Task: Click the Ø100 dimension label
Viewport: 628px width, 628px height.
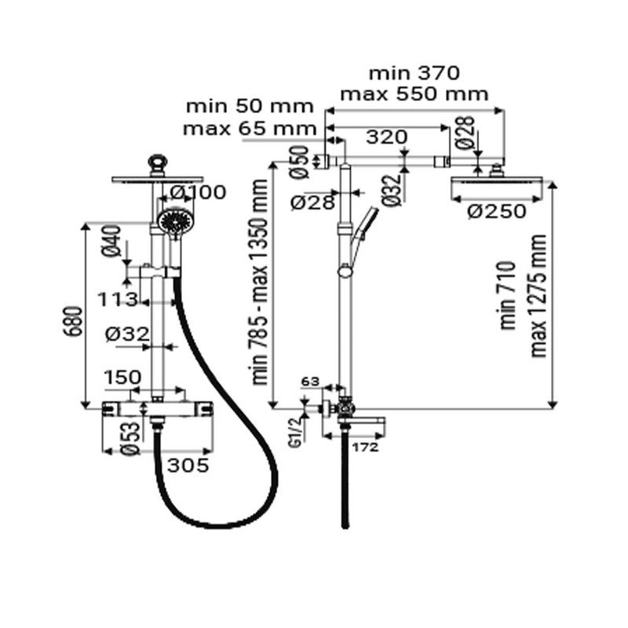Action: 198,192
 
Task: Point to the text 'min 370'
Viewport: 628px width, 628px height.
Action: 414,74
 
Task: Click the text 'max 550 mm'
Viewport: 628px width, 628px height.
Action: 414,94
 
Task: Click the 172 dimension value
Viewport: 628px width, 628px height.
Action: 366,447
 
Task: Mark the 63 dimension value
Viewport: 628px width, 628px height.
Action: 312,382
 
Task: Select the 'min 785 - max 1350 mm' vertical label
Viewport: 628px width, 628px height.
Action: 260,289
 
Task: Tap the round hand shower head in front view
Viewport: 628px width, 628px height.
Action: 173,221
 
